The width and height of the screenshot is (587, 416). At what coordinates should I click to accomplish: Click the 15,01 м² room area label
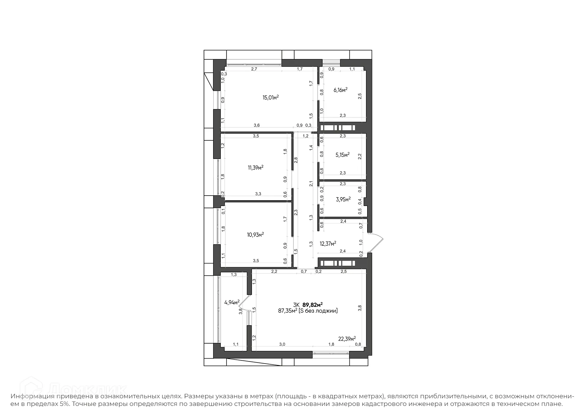(271, 98)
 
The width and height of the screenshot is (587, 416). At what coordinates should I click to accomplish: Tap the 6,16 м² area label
(340, 90)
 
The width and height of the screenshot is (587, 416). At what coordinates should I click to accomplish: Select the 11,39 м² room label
(256, 168)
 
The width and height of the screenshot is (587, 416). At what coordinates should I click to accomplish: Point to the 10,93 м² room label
(255, 235)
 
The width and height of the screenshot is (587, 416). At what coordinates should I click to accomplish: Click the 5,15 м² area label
(342, 155)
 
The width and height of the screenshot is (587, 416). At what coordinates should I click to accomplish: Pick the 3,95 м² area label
(343, 200)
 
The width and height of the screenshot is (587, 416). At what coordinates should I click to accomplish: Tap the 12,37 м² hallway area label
(328, 244)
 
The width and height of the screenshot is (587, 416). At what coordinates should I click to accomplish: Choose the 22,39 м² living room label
(347, 339)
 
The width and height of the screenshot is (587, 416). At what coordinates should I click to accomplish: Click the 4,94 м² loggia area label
(232, 303)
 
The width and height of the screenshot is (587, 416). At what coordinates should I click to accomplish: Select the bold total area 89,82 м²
(312, 305)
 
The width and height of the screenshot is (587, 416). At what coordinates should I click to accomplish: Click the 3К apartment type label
(296, 305)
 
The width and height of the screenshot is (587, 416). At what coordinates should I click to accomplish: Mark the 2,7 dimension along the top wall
(254, 69)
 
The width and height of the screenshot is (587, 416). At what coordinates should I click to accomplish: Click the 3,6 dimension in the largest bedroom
(257, 125)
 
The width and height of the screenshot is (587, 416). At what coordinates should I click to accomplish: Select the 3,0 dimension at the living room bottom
(282, 344)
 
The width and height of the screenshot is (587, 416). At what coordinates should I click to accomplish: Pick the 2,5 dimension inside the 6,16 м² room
(360, 96)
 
